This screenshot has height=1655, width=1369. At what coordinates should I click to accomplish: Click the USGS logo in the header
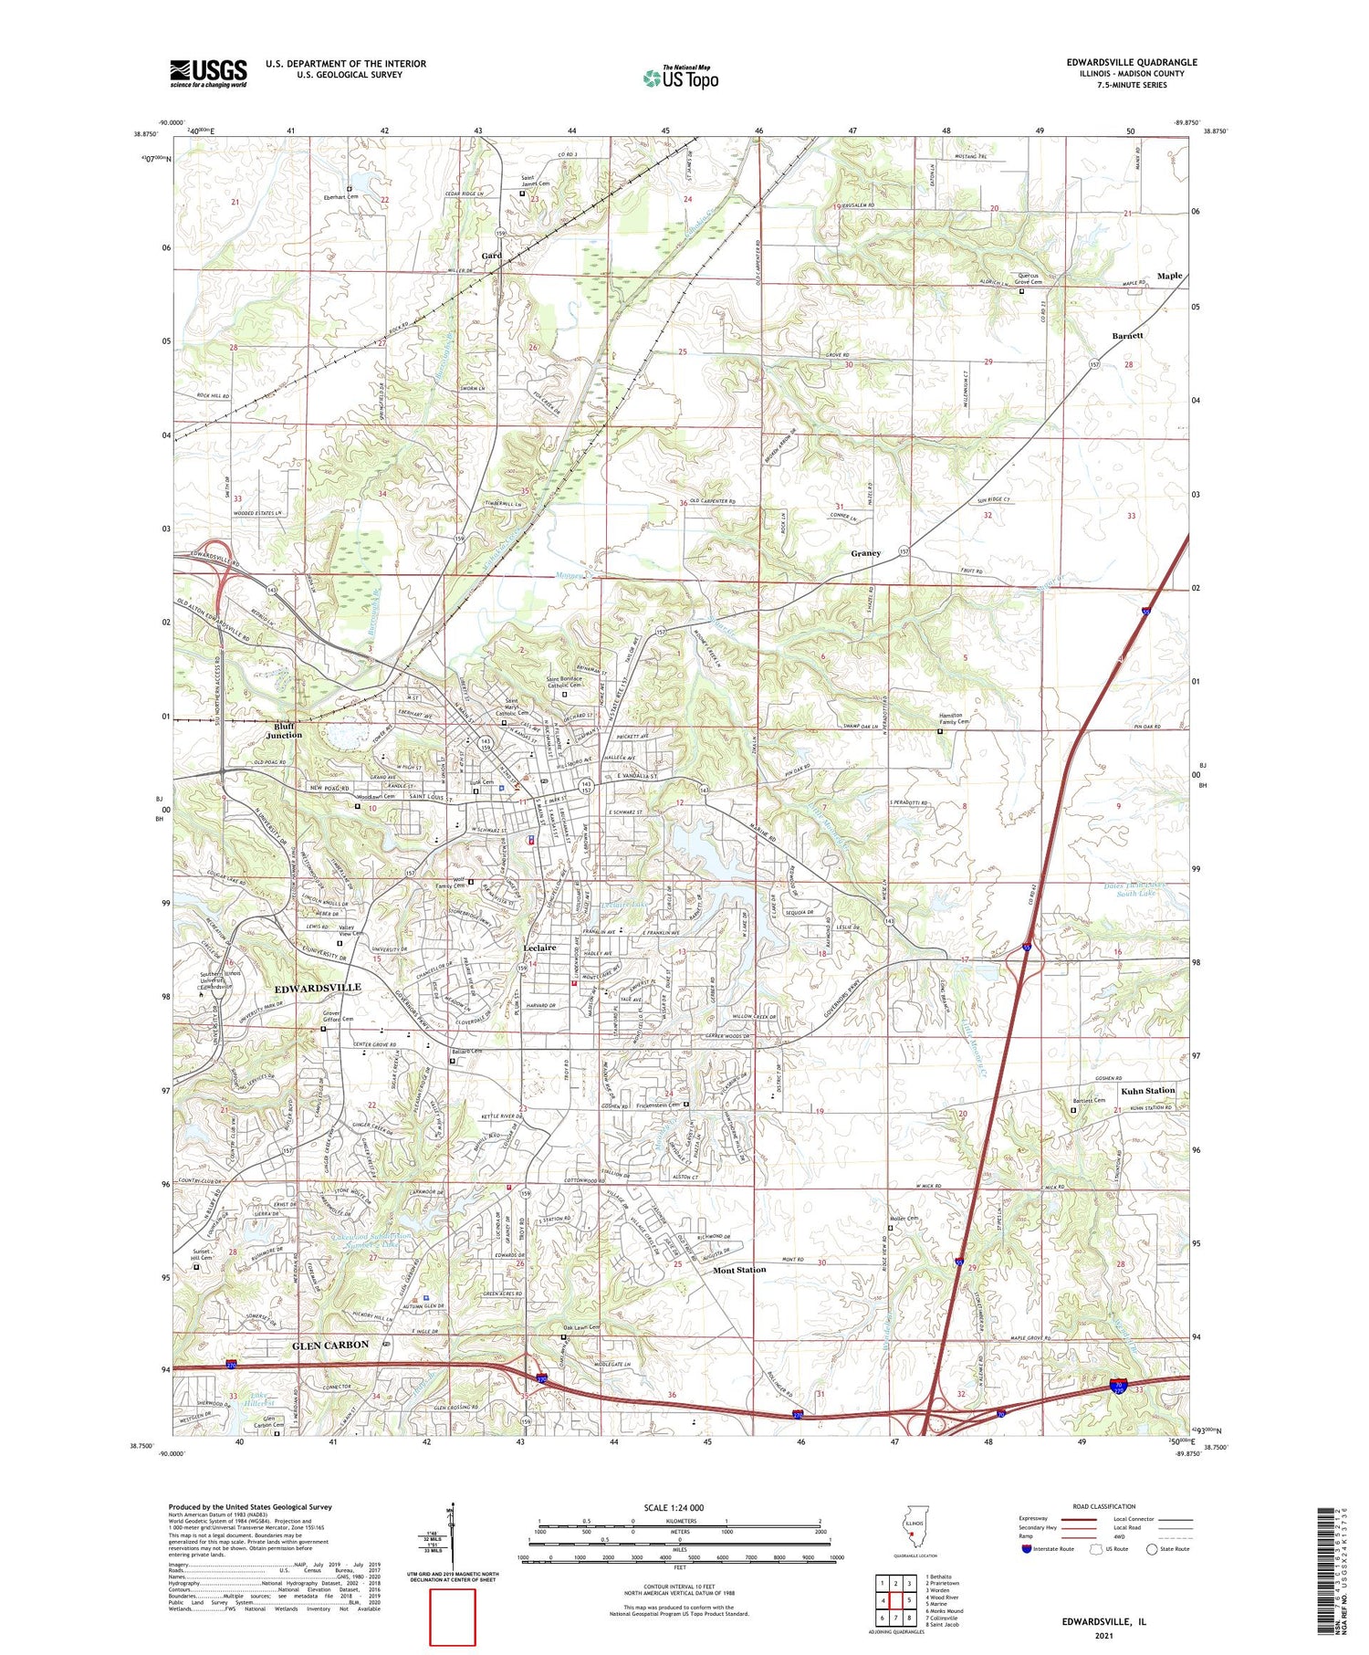point(208,73)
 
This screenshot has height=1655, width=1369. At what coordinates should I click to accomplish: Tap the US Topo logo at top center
point(680,78)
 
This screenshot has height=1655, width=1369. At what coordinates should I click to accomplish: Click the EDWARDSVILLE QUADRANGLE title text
point(1131,62)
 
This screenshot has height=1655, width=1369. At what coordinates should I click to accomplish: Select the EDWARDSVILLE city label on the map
point(318,988)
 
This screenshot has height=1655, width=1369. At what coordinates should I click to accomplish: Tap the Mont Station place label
point(739,1270)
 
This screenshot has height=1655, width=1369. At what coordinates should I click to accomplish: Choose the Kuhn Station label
point(1147,1090)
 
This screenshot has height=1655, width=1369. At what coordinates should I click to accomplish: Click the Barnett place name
point(1127,336)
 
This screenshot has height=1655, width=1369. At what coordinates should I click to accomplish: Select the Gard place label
point(491,256)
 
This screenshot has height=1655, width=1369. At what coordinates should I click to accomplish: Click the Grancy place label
point(865,553)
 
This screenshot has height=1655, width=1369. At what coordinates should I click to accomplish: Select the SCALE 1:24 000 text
point(680,1507)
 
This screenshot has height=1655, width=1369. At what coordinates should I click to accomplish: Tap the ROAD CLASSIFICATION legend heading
point(1104,1506)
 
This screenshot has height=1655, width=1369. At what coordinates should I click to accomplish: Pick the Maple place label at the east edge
point(1169,276)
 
